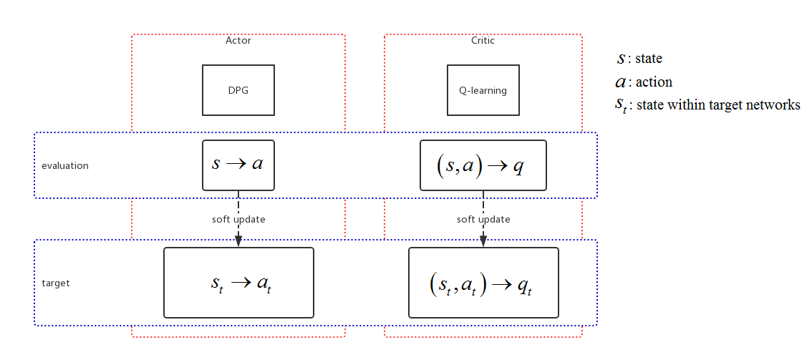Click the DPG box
coord(238,90)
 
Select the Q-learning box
coord(483,90)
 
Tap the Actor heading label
coord(238,41)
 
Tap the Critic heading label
coord(483,41)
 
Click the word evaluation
coord(65,165)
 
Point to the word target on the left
coord(56,283)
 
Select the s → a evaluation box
coord(238,165)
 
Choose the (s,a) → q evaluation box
coord(483,165)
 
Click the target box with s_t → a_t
coord(238,283)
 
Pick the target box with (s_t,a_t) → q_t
coord(483,283)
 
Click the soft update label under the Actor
coord(238,220)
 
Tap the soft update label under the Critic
coord(483,220)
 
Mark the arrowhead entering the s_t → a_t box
coord(238,242)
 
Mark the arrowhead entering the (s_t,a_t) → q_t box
coord(483,242)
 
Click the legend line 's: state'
coord(639,59)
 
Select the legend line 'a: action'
coord(644,82)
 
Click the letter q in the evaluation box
coord(519,166)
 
